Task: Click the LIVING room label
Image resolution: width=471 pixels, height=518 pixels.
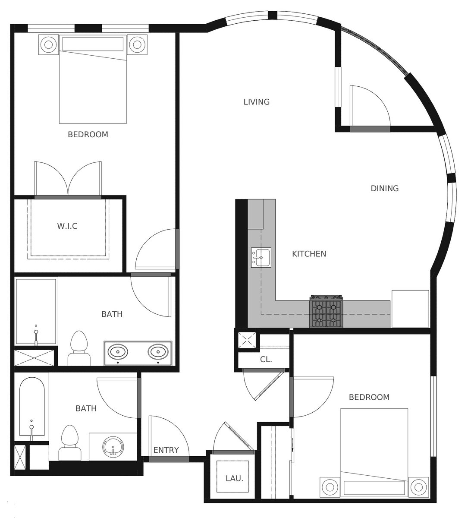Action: point(257,102)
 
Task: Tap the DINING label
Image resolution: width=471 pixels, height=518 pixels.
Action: point(385,188)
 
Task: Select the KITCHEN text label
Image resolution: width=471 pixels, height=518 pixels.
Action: point(309,254)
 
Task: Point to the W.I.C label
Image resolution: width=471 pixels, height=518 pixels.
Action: point(67,226)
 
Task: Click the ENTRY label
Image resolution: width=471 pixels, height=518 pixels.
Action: point(166,450)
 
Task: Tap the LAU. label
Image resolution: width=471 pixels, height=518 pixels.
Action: point(234,478)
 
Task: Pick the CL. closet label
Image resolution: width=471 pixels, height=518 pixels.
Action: point(266,359)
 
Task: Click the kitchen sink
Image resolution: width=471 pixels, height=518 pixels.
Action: point(261,257)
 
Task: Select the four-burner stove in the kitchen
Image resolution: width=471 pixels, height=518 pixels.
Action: point(327,311)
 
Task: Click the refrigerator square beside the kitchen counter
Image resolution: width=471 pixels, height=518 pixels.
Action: point(410,309)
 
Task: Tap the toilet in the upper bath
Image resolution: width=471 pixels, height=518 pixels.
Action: point(78,348)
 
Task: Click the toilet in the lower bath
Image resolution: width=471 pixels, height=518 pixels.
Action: point(70,442)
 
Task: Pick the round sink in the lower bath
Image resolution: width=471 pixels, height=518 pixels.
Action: point(113,447)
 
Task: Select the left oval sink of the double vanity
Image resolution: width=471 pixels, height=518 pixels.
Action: point(118,351)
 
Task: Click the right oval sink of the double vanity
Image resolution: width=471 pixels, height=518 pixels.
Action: point(158,351)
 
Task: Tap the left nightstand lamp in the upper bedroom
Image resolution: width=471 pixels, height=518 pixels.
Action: point(48,44)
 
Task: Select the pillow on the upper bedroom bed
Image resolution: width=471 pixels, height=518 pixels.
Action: point(93,44)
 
